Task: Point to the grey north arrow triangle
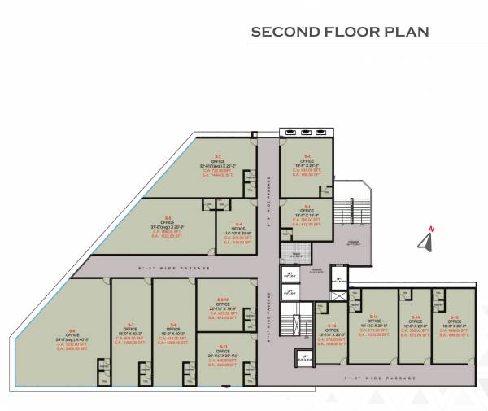(x=424, y=241)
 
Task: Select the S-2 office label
(x=307, y=155)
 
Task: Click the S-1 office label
(x=307, y=206)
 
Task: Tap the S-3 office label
(x=218, y=155)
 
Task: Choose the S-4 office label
(x=238, y=224)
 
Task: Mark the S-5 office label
(x=168, y=215)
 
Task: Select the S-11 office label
(x=223, y=346)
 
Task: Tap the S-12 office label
(x=331, y=325)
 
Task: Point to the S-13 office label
(x=374, y=315)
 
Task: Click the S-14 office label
(x=416, y=317)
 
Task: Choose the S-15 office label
(x=455, y=317)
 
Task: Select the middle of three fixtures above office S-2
(x=306, y=132)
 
